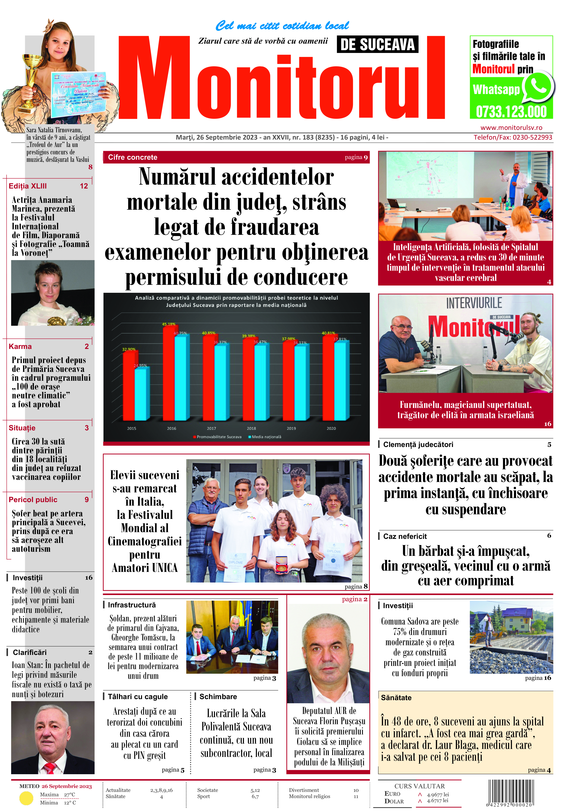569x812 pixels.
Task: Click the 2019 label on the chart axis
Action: [291, 428]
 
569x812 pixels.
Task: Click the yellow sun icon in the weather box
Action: [26, 798]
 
